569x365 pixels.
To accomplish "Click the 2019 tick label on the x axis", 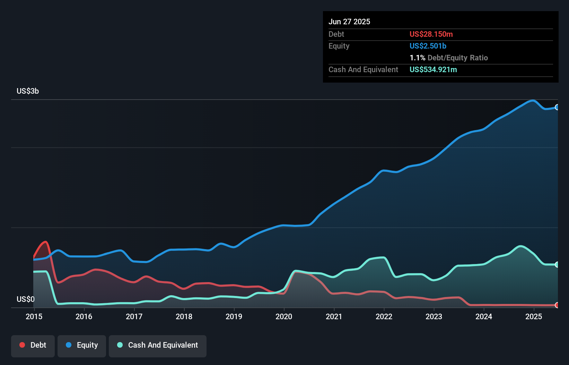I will click(234, 316).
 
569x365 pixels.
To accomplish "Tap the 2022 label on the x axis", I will click(384, 316).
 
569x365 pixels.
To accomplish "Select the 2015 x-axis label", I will click(34, 316).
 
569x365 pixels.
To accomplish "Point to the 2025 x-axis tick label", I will click(534, 316).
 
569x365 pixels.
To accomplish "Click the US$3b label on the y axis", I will click(28, 91).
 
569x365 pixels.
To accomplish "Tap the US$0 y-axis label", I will click(26, 299).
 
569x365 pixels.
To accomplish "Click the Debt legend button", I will click(33, 345).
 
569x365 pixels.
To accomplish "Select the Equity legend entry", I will click(82, 345).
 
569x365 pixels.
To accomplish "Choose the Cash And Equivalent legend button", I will click(158, 345).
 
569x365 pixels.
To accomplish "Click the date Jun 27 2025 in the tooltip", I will click(349, 22).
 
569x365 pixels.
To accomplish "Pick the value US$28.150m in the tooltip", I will click(431, 34).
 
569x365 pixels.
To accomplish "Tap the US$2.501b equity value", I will click(428, 46).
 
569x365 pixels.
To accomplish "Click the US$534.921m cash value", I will click(433, 69).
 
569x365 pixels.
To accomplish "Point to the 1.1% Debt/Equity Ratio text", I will click(448, 58).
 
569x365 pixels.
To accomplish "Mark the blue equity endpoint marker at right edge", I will click(557, 107).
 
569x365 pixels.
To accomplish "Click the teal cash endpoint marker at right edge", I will click(557, 264).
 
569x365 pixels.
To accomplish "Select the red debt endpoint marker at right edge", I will click(557, 305).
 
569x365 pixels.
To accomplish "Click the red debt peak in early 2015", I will click(45, 242).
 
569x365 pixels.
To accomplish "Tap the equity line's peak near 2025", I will click(532, 101).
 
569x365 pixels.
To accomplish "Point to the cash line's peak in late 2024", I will click(520, 246).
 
